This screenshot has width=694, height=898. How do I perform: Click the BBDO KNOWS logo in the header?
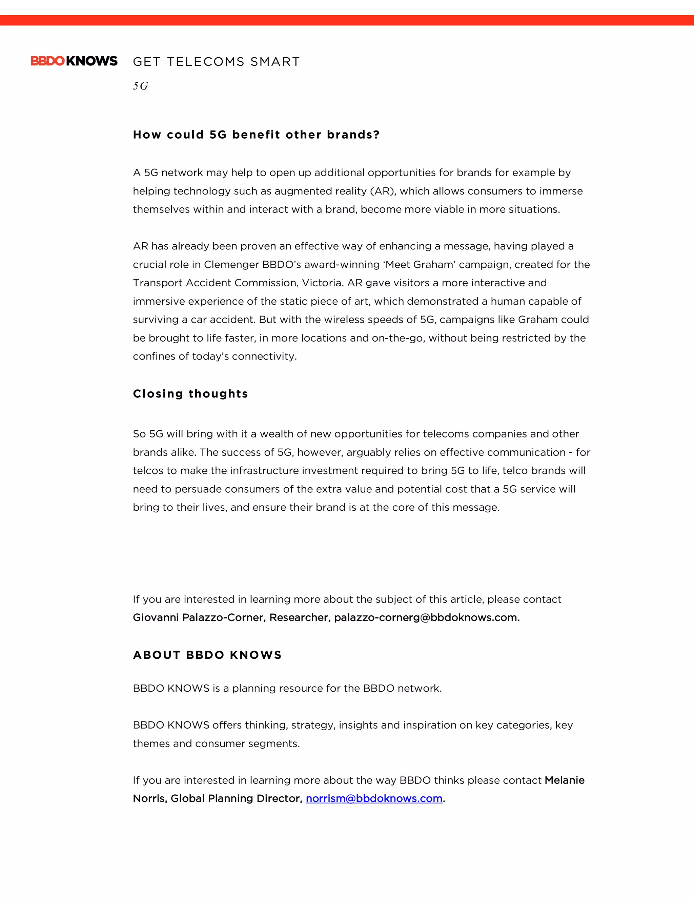(x=74, y=61)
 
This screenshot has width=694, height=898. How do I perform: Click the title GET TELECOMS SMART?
(x=216, y=62)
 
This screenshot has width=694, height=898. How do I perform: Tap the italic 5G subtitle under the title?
(x=140, y=86)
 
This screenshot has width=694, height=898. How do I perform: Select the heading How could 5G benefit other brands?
(x=256, y=135)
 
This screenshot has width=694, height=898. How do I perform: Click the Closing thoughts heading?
(x=190, y=394)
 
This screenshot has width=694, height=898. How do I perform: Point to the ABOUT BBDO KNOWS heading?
(x=207, y=655)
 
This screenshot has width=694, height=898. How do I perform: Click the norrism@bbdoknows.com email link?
(x=374, y=798)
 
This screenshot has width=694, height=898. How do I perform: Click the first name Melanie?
(x=564, y=780)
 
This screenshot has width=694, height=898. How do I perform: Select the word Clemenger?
(x=231, y=264)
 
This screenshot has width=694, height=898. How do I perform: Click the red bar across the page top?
(x=347, y=20)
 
